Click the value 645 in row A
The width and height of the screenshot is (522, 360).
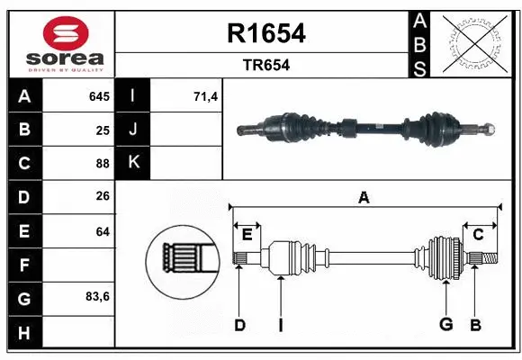pyautogui.click(x=98, y=96)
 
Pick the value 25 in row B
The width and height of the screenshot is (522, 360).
pyautogui.click(x=103, y=130)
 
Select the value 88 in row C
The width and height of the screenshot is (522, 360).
pyautogui.click(x=103, y=164)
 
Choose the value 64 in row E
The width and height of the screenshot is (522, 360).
pyautogui.click(x=103, y=231)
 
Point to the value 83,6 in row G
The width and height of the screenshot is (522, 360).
pyautogui.click(x=97, y=296)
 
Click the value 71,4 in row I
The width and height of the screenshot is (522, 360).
pyautogui.click(x=206, y=96)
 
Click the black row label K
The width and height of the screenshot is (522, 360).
pyautogui.click(x=133, y=164)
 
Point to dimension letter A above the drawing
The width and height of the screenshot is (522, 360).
pyautogui.click(x=364, y=197)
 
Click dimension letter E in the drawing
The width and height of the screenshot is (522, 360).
pyautogui.click(x=247, y=235)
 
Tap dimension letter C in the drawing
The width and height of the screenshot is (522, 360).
pyautogui.click(x=479, y=235)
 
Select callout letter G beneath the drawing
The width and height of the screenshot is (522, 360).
pyautogui.click(x=445, y=325)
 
